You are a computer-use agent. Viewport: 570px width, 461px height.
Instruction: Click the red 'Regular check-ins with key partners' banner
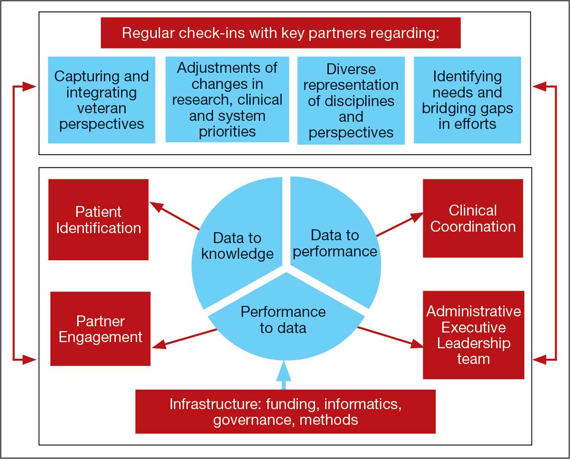280,33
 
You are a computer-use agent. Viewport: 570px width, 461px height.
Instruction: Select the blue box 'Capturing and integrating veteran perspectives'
102,100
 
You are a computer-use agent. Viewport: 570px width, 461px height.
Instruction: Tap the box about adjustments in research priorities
227,99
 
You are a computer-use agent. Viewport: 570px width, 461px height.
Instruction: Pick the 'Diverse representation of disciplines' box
351,100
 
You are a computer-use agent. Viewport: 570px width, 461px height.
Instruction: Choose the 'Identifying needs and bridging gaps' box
467,100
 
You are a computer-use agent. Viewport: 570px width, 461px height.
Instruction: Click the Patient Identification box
99,220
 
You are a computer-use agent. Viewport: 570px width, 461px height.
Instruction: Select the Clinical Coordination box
473,218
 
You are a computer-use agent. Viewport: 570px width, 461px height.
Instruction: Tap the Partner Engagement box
100,329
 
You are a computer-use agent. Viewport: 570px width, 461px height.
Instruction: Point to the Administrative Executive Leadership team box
473,335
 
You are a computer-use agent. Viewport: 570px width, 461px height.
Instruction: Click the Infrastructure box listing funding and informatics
285,412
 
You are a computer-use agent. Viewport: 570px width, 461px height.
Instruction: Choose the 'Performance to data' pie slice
283,324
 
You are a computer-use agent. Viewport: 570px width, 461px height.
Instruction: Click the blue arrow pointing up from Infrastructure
284,376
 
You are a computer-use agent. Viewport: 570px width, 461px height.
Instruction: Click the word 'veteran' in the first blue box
101,108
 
